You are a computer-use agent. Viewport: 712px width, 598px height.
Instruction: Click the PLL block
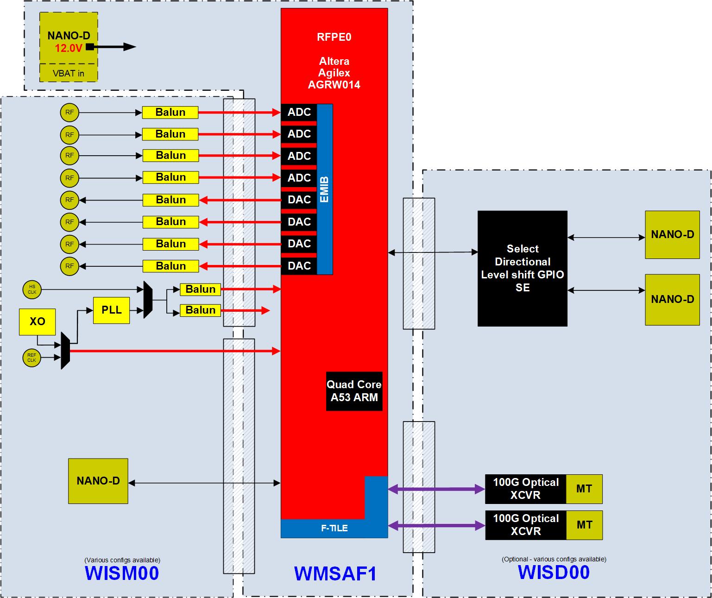point(111,310)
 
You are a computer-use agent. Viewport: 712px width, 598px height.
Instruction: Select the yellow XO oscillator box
point(37,321)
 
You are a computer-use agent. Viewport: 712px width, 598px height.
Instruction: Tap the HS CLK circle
point(32,290)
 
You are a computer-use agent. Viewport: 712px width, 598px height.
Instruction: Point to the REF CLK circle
point(32,358)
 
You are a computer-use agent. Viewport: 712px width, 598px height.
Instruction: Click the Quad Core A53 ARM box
point(354,391)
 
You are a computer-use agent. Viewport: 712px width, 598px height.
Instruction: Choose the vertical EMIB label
point(324,189)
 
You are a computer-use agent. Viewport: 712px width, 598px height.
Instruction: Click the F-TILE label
point(334,528)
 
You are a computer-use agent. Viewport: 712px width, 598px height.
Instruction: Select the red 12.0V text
point(68,48)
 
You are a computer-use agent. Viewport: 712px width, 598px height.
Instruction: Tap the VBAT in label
point(69,73)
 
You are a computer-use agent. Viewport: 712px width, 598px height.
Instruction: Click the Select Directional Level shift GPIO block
point(522,268)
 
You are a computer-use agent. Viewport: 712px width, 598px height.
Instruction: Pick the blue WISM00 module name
point(122,573)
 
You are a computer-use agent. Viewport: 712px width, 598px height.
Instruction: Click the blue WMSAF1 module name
point(335,573)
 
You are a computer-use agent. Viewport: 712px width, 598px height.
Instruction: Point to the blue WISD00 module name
point(554,572)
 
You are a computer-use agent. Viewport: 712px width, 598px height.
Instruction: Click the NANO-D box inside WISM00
point(98,481)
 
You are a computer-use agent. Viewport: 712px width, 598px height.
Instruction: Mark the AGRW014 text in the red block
point(334,84)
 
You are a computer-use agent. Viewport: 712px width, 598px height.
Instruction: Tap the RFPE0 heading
point(334,37)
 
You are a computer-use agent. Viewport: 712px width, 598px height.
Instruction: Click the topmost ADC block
point(299,112)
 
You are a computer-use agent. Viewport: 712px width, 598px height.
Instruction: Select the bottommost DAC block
point(299,266)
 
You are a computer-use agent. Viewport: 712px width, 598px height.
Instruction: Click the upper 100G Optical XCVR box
point(525,489)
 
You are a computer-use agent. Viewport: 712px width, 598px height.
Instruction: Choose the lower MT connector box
point(584,525)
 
